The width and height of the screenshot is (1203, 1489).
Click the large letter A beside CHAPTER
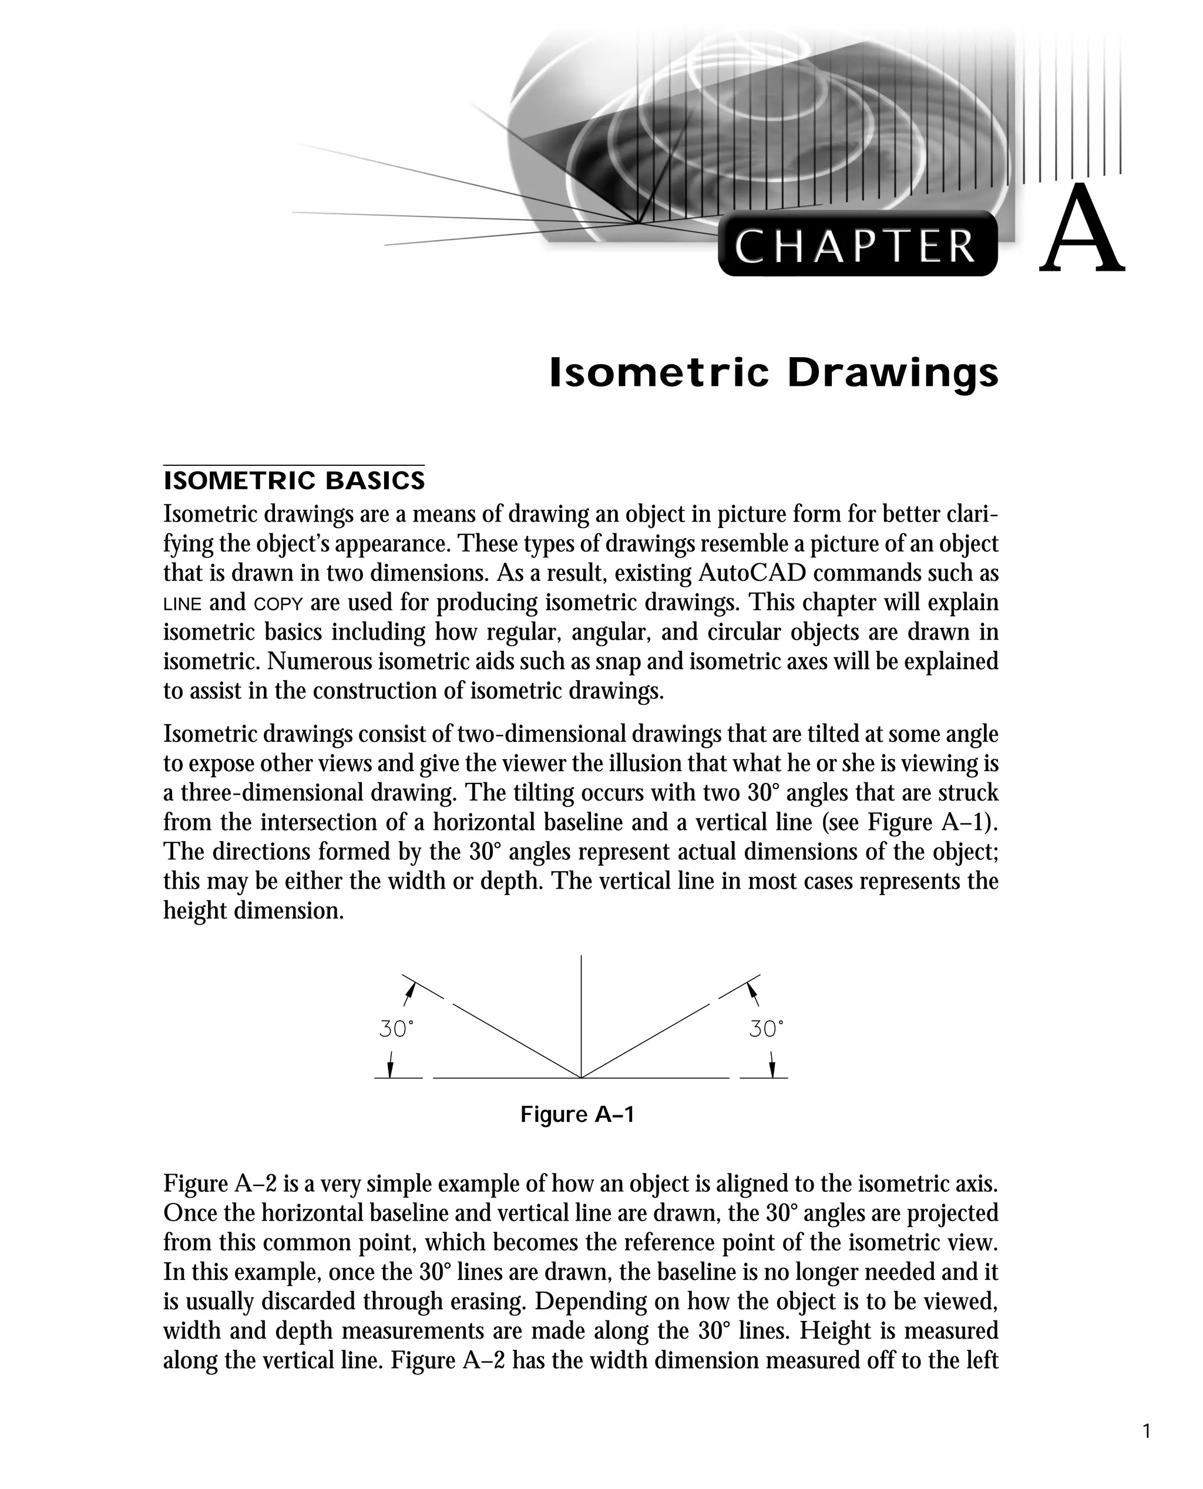1082,230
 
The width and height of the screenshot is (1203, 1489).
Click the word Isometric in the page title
659,374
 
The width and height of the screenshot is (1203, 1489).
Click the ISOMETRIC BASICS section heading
294,480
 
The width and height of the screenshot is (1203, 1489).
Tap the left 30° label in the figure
396,1030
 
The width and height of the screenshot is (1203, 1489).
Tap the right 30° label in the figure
766,1030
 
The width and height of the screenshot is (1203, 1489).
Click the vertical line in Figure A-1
581,1011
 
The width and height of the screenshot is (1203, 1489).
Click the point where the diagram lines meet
581,1078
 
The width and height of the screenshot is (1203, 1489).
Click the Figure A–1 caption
577,1115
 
